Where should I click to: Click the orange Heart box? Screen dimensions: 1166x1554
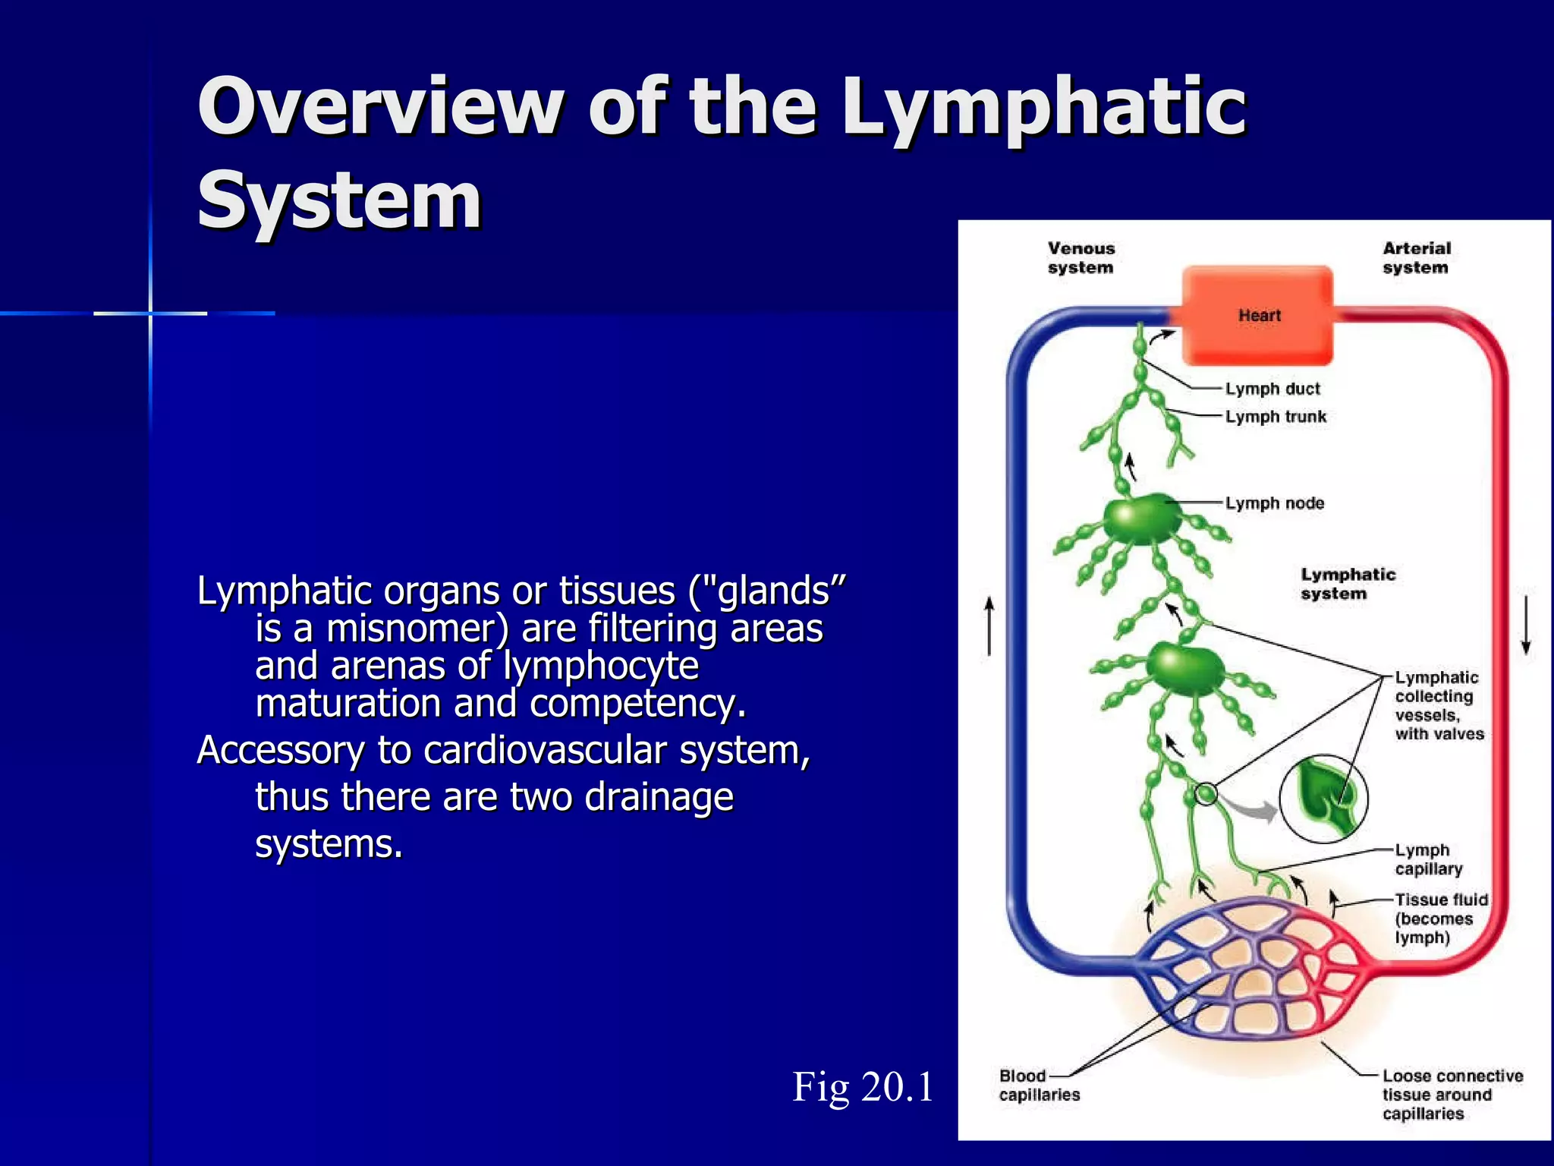coord(1257,315)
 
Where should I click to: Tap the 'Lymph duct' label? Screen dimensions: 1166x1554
coord(1272,389)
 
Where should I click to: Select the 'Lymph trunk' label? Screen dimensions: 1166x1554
coord(1276,417)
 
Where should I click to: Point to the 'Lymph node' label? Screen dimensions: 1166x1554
coord(1275,503)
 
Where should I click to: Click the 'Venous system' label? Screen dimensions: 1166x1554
coord(1081,257)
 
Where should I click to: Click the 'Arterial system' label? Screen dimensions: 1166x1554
coord(1416,257)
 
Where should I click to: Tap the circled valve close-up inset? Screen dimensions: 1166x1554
coord(1323,799)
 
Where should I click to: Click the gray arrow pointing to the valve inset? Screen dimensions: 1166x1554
coord(1252,810)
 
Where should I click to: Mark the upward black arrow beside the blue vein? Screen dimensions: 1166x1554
coord(989,626)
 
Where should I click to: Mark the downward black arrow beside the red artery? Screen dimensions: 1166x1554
coord(1526,626)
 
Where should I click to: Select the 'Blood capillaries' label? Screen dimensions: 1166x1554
coord(1039,1085)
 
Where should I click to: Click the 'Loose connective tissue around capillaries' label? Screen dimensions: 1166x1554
coord(1452,1094)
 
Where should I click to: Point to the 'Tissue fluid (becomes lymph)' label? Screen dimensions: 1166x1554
coord(1440,919)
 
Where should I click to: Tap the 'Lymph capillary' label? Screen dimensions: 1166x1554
coord(1428,859)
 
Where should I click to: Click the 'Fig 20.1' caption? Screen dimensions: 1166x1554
coord(863,1086)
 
